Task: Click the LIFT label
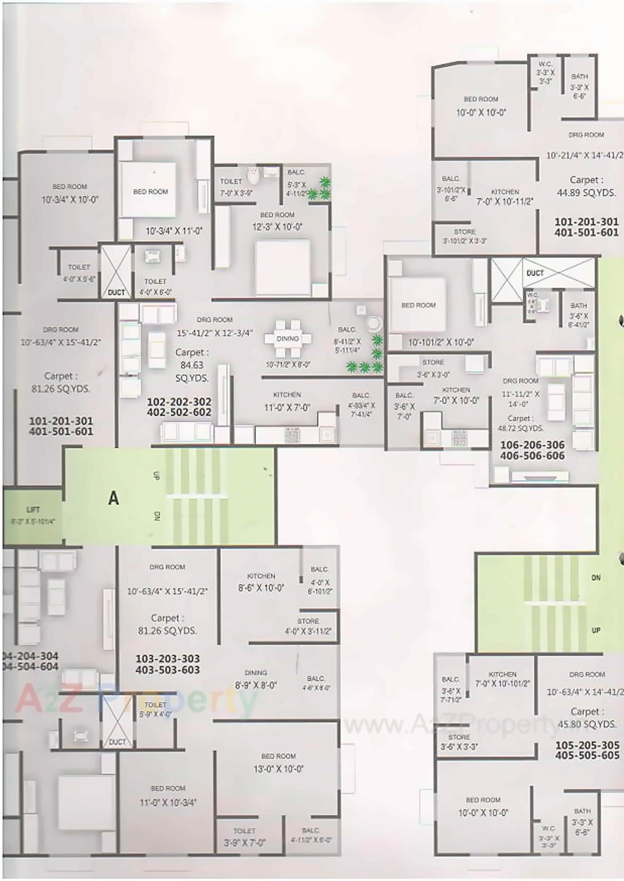pos(33,509)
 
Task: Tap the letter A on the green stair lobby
pos(113,498)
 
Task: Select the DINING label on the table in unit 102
pos(287,338)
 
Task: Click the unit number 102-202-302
pos(179,401)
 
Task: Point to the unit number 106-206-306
pos(532,445)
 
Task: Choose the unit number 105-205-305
pos(587,745)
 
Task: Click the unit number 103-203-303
pos(168,658)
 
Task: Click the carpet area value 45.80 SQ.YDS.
pos(586,725)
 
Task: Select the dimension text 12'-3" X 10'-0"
pos(277,227)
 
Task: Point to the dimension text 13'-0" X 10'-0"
pos(278,769)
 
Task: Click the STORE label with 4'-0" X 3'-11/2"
pos(308,621)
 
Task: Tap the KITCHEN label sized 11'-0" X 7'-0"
pos(287,395)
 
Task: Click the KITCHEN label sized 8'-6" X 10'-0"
pos(261,576)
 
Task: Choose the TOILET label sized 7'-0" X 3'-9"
pos(231,181)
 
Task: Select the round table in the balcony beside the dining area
pos(374,323)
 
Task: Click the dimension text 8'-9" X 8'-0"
pos(256,685)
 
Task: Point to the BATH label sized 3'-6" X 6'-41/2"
pos(579,306)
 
